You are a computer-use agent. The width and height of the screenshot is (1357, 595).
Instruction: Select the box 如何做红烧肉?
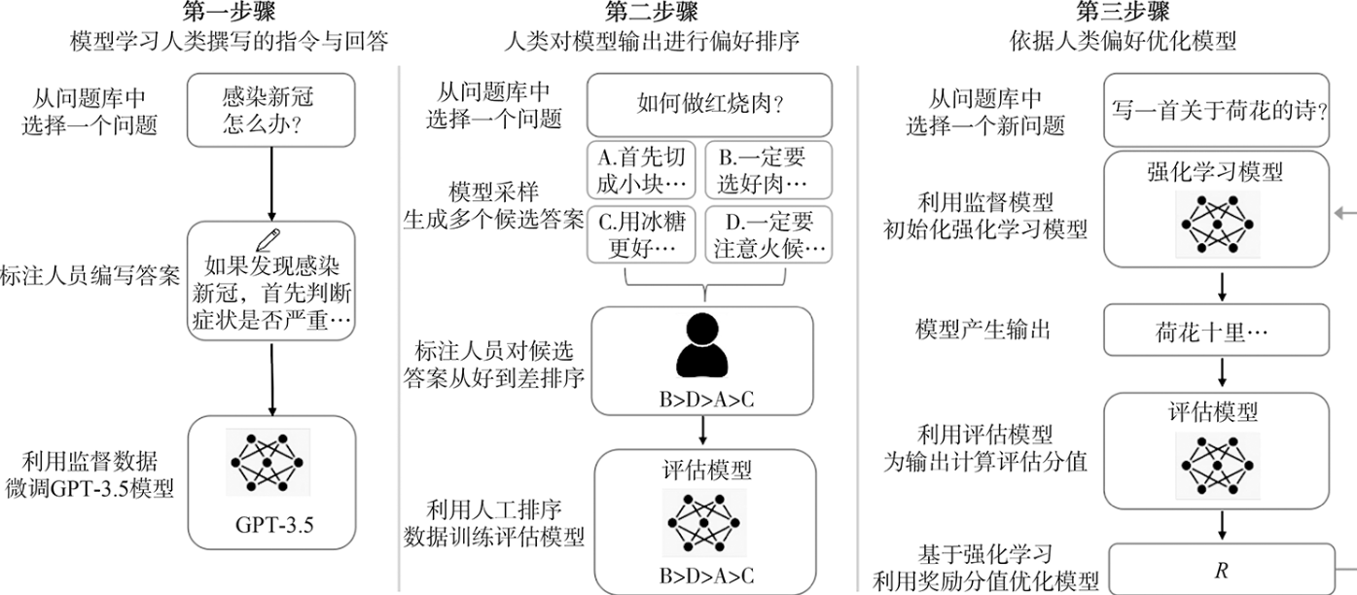709,104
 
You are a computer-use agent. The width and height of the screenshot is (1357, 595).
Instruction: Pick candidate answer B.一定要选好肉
768,170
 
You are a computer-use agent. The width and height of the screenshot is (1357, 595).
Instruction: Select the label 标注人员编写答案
90,275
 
